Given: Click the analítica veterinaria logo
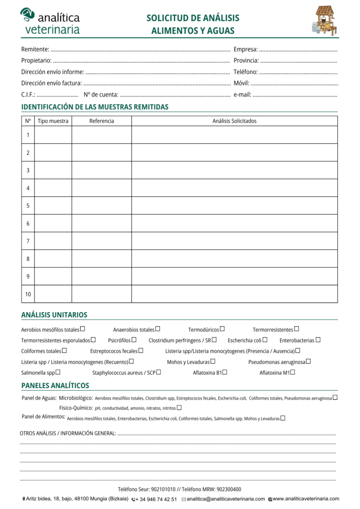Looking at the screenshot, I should click(x=50, y=21).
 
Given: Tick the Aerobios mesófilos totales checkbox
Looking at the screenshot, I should click(x=83, y=329).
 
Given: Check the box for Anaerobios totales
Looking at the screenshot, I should click(x=158, y=329).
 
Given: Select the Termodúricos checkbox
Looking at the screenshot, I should click(x=222, y=329).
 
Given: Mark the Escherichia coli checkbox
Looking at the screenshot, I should click(x=265, y=340).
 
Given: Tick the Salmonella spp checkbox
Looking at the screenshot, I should click(x=58, y=372).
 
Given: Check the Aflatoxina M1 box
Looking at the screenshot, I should click(x=293, y=372).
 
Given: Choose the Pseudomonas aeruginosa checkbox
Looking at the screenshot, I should click(x=309, y=361).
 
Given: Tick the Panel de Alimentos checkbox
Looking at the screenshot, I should click(x=283, y=418).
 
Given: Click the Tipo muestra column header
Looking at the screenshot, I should click(x=53, y=121).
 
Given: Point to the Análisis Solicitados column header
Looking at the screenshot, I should click(x=234, y=121).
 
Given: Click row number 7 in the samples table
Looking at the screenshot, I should click(x=28, y=241).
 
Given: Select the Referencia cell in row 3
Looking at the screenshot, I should click(x=101, y=170).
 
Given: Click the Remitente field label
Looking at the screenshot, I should click(x=35, y=49).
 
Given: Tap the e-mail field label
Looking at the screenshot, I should click(x=242, y=94).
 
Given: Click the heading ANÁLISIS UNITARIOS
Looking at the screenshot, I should click(x=54, y=315).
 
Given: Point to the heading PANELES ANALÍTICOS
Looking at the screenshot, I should click(x=55, y=386).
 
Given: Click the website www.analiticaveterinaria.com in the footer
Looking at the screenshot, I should click(x=305, y=499).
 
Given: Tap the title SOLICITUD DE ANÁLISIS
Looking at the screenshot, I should click(x=193, y=18).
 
